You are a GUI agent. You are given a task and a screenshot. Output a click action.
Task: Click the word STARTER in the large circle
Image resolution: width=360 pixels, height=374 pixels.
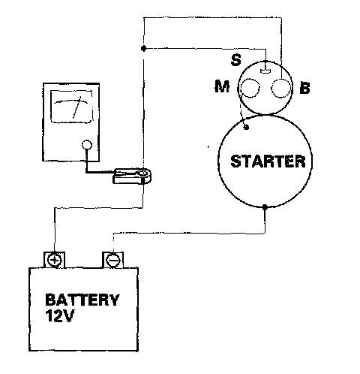[268, 161]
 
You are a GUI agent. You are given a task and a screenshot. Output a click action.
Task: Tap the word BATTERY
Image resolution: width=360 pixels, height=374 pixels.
[82, 300]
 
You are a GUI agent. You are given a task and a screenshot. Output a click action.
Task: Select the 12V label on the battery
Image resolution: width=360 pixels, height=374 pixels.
[60, 316]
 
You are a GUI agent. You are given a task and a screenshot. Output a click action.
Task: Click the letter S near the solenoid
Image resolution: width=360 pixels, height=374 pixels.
[236, 60]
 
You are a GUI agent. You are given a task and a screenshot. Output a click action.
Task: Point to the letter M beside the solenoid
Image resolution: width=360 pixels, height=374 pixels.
[222, 86]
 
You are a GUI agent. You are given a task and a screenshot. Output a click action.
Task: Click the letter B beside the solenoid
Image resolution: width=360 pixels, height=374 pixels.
[304, 88]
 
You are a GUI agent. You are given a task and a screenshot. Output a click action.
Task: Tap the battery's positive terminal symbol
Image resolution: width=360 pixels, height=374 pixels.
[55, 260]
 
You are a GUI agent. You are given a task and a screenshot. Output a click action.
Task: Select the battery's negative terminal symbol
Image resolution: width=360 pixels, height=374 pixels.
[113, 260]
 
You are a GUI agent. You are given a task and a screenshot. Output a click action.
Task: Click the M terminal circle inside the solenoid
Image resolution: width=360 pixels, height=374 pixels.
[250, 88]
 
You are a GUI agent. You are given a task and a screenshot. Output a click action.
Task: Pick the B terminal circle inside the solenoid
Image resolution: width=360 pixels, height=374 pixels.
[281, 88]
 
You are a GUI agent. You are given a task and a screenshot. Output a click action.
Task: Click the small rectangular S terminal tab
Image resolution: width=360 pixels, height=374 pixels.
[265, 71]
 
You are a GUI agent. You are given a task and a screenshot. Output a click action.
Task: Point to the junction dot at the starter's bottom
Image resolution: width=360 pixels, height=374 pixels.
[265, 207]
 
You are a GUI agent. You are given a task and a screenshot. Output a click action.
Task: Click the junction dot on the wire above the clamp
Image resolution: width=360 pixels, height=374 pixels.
[143, 48]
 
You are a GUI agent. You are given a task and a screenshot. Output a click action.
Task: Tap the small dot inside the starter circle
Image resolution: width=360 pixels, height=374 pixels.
[246, 127]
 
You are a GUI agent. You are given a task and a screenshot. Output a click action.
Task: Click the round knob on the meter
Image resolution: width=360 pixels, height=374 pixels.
[87, 145]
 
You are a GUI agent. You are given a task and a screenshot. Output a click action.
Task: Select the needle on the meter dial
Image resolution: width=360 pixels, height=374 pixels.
[76, 107]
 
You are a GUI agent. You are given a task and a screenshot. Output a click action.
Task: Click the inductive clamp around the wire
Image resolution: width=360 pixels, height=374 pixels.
[133, 176]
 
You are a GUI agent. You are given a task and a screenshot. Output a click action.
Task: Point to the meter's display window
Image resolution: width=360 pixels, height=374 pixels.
[71, 107]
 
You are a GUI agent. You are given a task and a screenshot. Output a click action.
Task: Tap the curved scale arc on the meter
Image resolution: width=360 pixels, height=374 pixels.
[71, 101]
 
